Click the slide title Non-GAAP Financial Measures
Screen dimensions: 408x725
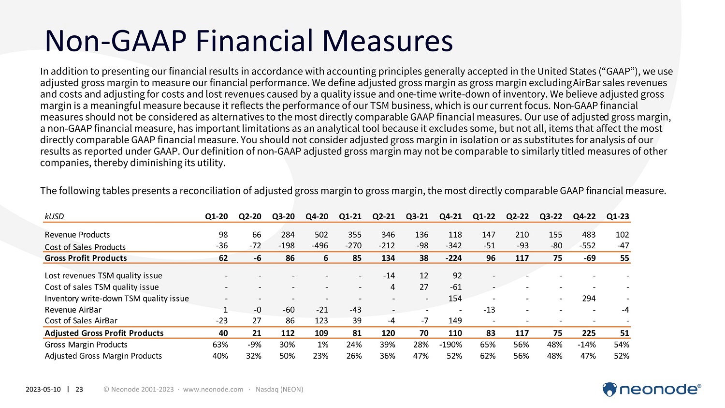click(x=248, y=41)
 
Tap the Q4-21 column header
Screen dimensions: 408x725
click(x=450, y=216)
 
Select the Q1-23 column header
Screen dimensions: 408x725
click(x=618, y=216)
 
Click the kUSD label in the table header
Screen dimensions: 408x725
click(x=54, y=216)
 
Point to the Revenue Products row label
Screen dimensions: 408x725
click(x=77, y=235)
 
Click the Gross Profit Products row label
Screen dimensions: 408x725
click(x=86, y=258)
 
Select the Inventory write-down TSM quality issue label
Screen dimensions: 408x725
click(x=116, y=299)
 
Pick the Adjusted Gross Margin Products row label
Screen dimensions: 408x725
click(x=103, y=356)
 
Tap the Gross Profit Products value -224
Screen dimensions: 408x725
click(x=453, y=258)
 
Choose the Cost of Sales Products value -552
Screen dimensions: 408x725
click(x=588, y=246)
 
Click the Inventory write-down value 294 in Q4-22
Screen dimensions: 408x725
click(x=589, y=299)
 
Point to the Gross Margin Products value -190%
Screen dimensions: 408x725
click(x=450, y=345)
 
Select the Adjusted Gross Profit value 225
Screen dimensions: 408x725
click(x=588, y=333)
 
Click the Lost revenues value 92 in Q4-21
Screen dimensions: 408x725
click(x=457, y=276)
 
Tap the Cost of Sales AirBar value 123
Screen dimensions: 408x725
click(x=321, y=320)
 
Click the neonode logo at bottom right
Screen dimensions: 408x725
click(x=652, y=389)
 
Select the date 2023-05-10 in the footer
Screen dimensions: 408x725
click(x=43, y=389)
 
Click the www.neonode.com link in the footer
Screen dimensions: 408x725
click(x=213, y=389)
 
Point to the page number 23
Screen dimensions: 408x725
click(x=79, y=389)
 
